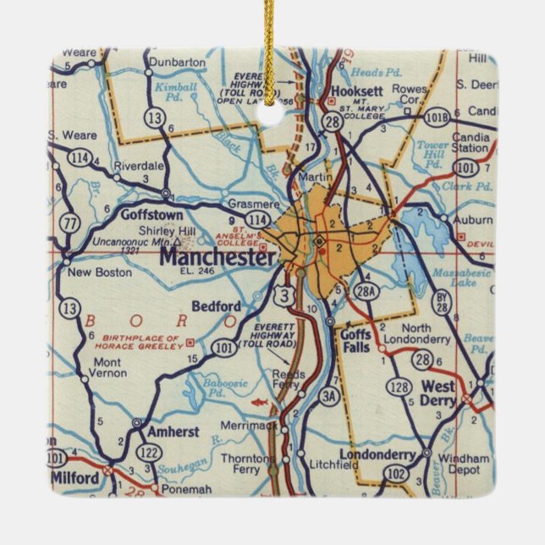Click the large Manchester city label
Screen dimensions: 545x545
(x=217, y=256)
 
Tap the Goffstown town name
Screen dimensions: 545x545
(x=152, y=215)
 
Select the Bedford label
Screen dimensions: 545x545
(x=217, y=306)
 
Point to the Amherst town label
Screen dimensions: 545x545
(x=173, y=431)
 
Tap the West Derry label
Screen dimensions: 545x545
(x=438, y=393)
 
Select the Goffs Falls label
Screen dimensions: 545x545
(x=356, y=340)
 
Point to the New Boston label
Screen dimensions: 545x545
(x=100, y=272)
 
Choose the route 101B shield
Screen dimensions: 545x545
(x=438, y=118)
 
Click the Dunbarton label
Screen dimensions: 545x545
(x=176, y=63)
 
